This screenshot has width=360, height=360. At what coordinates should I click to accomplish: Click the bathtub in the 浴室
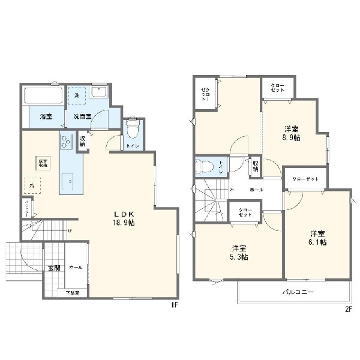click(x=44, y=96)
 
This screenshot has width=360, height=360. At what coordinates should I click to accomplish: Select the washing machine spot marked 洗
click(x=77, y=95)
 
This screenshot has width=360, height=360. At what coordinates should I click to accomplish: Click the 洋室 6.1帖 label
click(x=317, y=238)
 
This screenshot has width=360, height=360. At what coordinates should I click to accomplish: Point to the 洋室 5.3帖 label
click(x=239, y=253)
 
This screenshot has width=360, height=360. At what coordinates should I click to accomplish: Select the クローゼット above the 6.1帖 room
click(x=305, y=179)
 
